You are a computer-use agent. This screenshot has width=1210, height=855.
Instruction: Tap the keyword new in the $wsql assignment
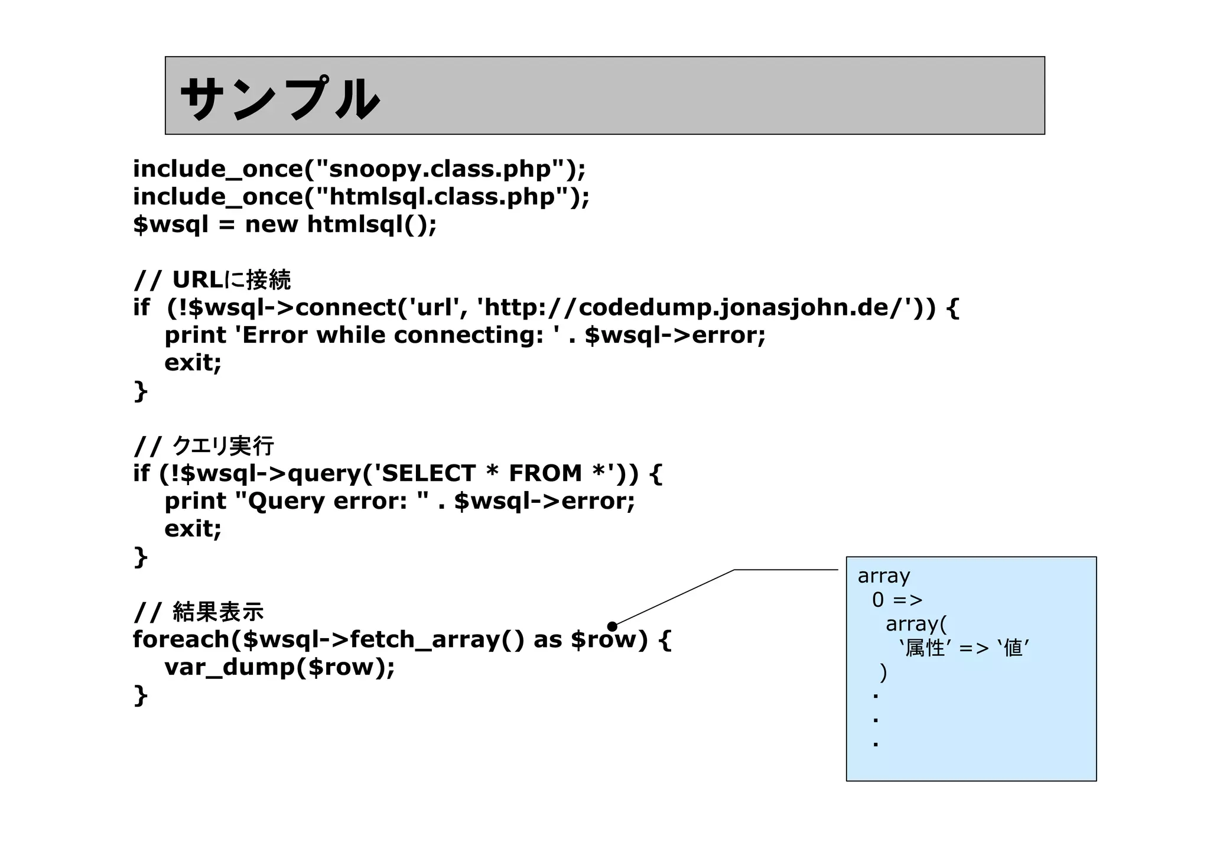(271, 225)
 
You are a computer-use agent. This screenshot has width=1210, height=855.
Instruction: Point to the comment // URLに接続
(212, 280)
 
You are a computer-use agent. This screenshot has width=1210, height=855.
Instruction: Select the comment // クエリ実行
(204, 446)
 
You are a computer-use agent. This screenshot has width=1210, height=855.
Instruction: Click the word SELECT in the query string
(425, 474)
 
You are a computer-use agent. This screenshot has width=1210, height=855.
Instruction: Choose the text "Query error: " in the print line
(331, 502)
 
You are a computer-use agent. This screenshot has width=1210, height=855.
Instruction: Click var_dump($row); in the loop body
(279, 668)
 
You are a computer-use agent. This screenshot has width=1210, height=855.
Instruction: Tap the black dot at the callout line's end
(612, 626)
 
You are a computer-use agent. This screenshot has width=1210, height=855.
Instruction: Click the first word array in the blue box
(883, 576)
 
